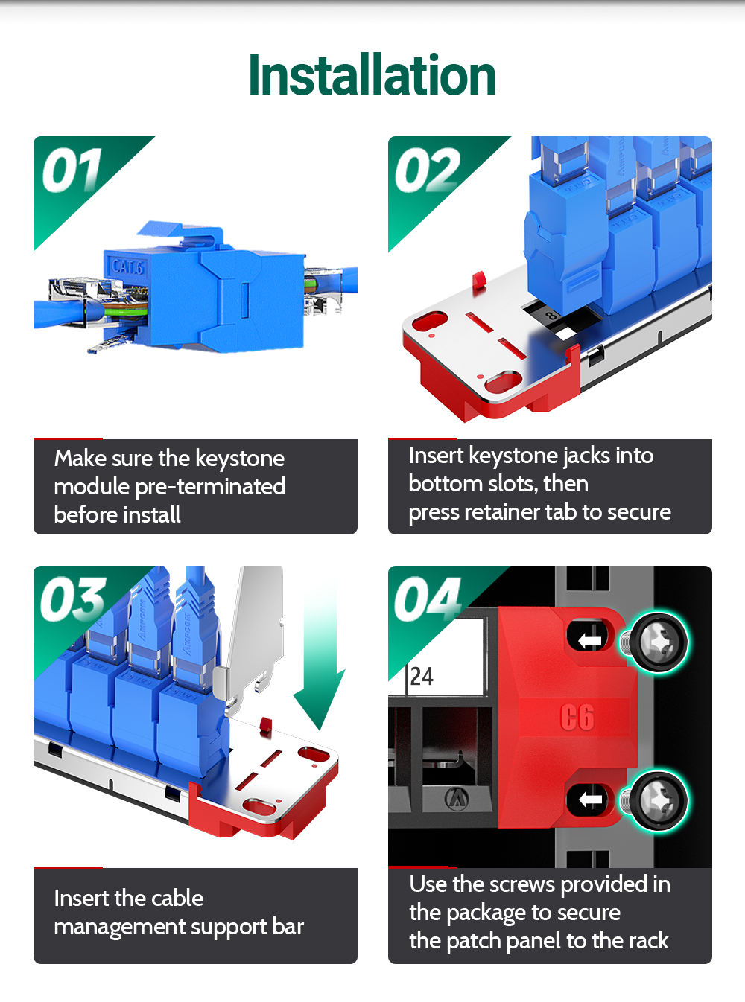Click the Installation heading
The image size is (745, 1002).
coord(372,75)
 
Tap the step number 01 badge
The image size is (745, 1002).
coord(72,170)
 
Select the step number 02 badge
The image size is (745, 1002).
coord(427,170)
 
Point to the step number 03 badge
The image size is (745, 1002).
coord(73,599)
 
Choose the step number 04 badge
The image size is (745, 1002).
coord(427,599)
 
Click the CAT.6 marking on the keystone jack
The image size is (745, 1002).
coord(127,267)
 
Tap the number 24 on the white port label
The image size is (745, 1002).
coord(422,676)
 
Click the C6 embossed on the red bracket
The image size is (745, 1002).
coord(577,717)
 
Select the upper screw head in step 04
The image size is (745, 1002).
coord(658,642)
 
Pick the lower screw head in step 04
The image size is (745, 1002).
coord(658,800)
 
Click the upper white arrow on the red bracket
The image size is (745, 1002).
coord(590,639)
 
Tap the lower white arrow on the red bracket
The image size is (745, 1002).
coord(590,800)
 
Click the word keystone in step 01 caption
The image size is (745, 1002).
coord(240,459)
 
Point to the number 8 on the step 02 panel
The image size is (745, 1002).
coord(551,316)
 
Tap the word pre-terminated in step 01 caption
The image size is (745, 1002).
coord(210,487)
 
